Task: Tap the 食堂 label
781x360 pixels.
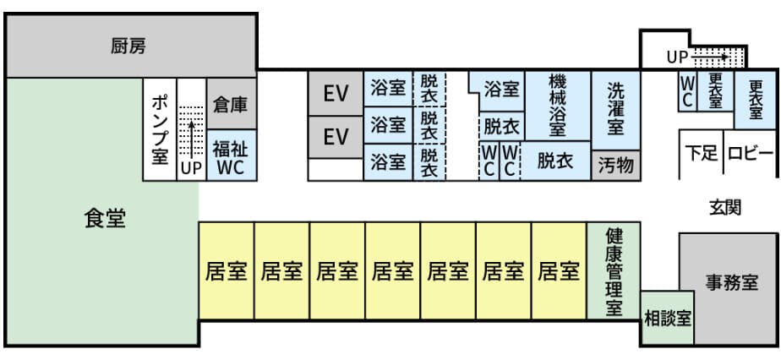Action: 105,219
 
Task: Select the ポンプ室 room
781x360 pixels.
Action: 159,129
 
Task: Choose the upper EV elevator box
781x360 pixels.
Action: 336,93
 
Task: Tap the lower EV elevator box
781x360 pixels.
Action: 336,136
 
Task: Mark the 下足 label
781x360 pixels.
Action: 701,154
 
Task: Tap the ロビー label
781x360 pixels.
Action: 750,154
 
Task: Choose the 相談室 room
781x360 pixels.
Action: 668,319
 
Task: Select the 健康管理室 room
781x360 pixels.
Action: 614,272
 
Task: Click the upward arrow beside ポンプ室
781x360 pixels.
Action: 192,135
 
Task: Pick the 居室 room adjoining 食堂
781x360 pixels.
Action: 226,271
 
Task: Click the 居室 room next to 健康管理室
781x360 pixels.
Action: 559,271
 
